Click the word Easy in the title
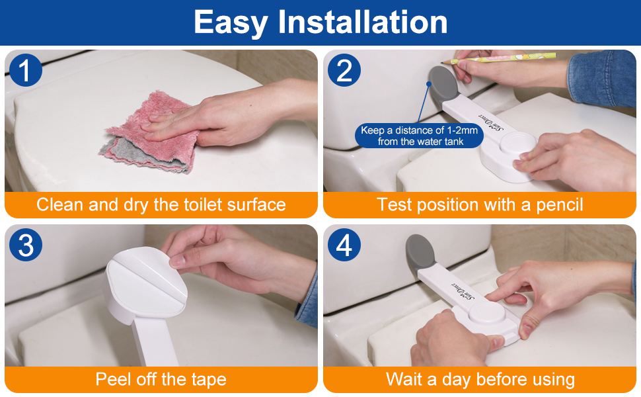click(231, 23)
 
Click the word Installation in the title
click(363, 22)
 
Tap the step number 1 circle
click(25, 70)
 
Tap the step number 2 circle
click(344, 70)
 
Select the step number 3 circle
click(25, 245)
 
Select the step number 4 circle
click(344, 245)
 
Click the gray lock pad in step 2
click(443, 85)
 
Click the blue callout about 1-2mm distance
click(420, 136)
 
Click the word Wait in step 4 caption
click(403, 379)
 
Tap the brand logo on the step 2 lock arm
click(492, 122)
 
